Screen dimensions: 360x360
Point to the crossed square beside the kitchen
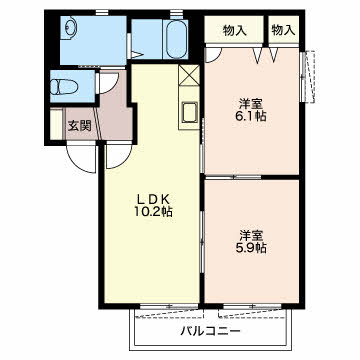[x=189, y=75]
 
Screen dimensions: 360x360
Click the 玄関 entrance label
[x=80, y=125]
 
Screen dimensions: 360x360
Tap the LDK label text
[x=148, y=197]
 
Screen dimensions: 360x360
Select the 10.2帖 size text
[x=148, y=212]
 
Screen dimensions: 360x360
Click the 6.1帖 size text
[x=250, y=117]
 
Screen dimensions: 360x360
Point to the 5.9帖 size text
[x=250, y=247]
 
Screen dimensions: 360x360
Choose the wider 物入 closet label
[x=234, y=31]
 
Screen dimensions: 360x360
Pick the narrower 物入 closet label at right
[x=283, y=31]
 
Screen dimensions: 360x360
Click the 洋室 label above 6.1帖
[x=250, y=102]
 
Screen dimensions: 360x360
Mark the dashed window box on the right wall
[x=309, y=75]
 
